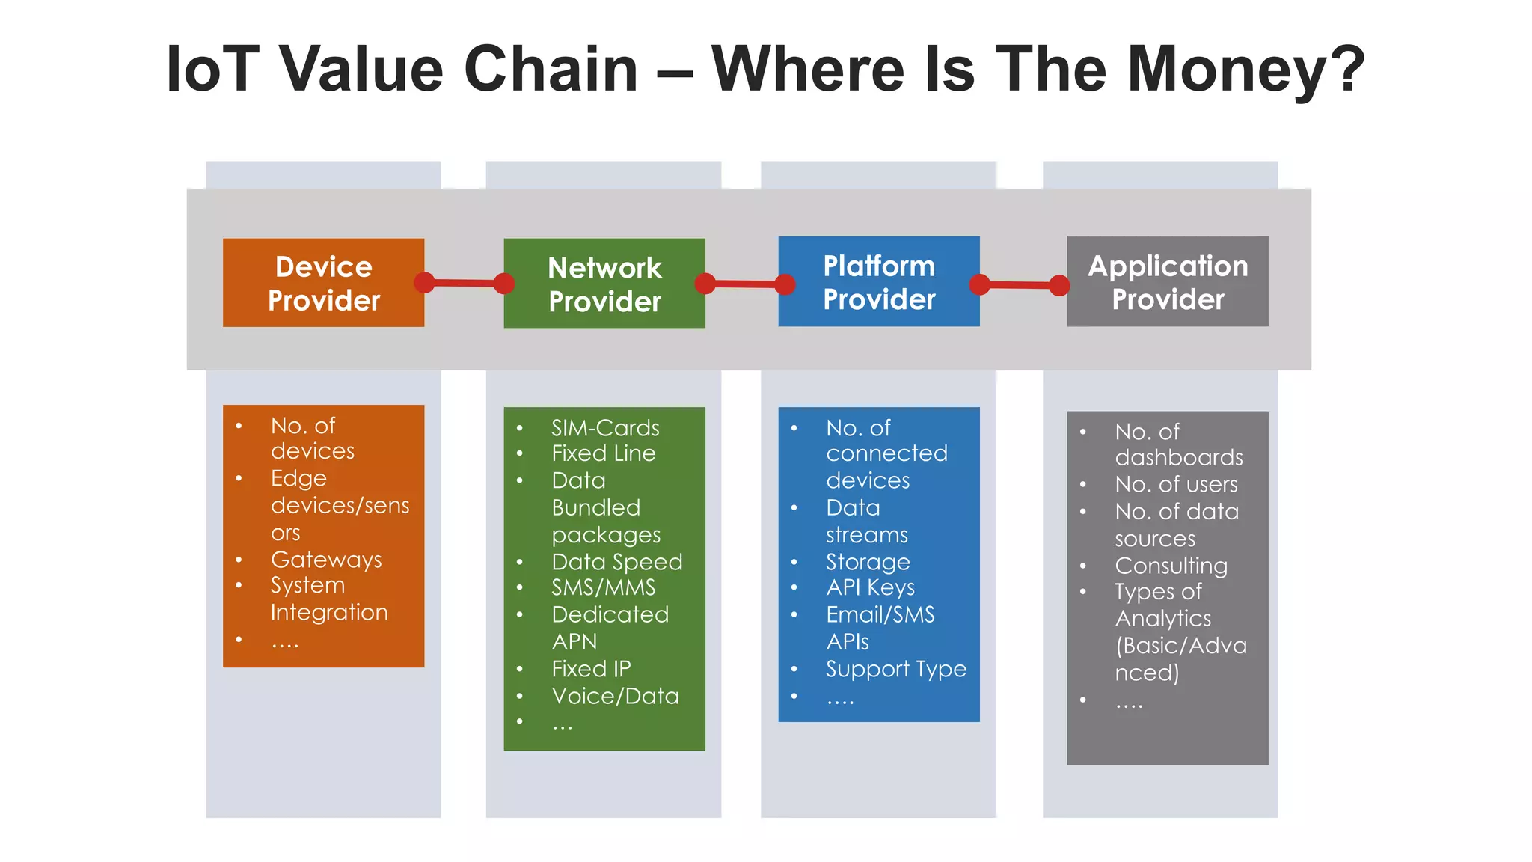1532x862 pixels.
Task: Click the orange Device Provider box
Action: tap(323, 283)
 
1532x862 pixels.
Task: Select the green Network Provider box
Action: tap(604, 284)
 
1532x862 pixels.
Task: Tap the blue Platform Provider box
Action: tap(879, 281)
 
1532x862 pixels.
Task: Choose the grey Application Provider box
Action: tap(1168, 281)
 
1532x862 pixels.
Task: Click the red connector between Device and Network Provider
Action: tap(465, 283)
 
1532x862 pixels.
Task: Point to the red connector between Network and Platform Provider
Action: tap(745, 284)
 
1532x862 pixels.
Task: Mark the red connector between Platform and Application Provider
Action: tap(1020, 284)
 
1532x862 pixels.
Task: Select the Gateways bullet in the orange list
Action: tap(326, 560)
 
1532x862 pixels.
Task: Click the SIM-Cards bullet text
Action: tap(605, 428)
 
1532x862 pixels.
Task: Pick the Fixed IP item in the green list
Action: tap(591, 668)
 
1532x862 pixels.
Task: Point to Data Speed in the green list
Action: tap(616, 562)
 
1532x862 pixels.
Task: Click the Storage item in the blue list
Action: tap(868, 562)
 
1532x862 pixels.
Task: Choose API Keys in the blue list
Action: tap(870, 587)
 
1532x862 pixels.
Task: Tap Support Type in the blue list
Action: tap(895, 668)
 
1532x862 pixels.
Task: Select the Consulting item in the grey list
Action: tap(1171, 566)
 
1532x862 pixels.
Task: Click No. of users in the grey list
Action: tap(1176, 484)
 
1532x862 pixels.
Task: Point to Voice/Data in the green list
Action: tap(615, 696)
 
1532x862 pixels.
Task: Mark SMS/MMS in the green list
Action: tap(603, 587)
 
